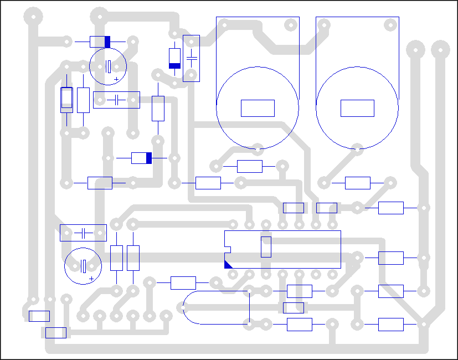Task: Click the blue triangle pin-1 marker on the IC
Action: pos(228,264)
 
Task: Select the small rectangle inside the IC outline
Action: pos(266,246)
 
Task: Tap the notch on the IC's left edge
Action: pos(225,247)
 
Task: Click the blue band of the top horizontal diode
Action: pos(107,42)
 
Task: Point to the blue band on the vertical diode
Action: pos(174,65)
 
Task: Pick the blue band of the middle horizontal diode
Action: pos(148,158)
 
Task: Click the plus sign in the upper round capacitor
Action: pos(116,79)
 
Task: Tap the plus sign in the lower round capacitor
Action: pos(91,279)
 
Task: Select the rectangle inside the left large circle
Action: pos(258,108)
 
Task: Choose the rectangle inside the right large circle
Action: pos(357,108)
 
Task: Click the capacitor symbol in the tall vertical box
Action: pos(191,58)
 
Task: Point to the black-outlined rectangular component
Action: pos(66,100)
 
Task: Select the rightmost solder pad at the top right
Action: pos(440,49)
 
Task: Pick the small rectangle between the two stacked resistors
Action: pos(294,307)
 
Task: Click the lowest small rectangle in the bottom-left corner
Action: pos(55,332)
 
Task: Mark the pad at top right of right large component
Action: pos(391,24)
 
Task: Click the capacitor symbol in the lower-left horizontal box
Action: pos(83,233)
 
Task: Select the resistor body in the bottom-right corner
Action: pos(390,325)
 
